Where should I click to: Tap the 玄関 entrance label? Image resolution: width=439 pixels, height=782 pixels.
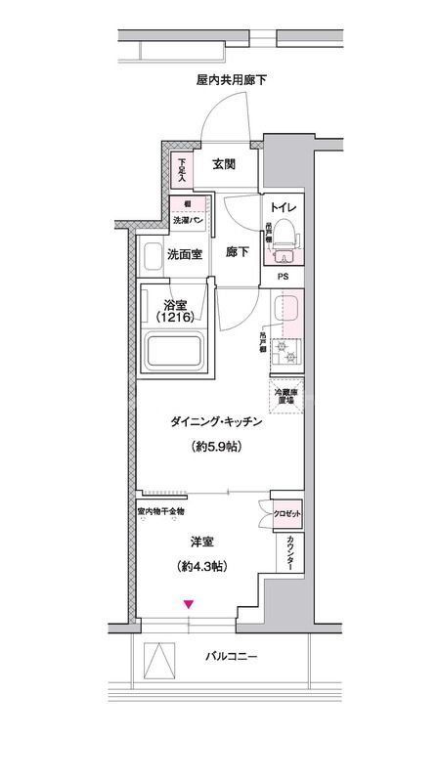224,164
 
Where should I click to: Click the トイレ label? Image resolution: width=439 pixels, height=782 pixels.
284,208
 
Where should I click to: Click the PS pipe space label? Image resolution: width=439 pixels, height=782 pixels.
284,277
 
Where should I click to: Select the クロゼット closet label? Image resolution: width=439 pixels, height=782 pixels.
285,513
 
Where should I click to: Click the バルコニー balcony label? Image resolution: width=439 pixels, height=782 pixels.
232,656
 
